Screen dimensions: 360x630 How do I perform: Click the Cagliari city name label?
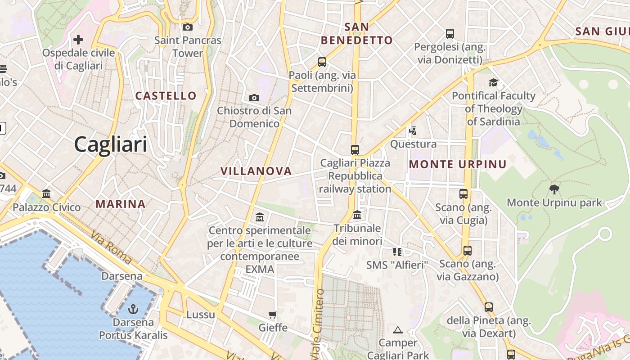coord(111,144)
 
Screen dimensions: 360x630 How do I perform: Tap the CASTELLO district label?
coord(166,95)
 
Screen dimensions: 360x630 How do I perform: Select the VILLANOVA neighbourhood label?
coord(256,171)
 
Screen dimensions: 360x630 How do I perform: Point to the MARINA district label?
coord(121,204)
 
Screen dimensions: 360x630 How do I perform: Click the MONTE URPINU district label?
coord(458,164)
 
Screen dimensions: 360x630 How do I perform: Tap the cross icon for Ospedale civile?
coord(78,40)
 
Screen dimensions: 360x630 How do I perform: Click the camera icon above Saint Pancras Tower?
coord(188,27)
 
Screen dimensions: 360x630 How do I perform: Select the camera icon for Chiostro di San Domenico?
coord(254,98)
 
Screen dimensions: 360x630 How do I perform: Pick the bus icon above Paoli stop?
coord(322,62)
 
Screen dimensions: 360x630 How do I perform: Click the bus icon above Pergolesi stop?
coord(450,34)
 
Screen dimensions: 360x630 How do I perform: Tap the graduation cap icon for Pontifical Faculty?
coord(494,82)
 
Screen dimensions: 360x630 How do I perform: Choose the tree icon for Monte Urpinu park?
coord(554,189)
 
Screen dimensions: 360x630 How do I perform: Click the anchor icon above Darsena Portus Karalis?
coord(133,309)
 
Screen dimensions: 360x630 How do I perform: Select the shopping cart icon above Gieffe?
coord(273,315)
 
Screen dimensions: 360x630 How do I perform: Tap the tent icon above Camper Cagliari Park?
coord(397,330)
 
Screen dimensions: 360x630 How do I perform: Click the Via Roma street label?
coord(111,247)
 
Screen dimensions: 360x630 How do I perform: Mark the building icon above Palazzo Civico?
coord(46,194)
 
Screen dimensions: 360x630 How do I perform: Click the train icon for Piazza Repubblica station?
coord(355,149)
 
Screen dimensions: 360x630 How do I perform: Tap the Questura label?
coord(413,144)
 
